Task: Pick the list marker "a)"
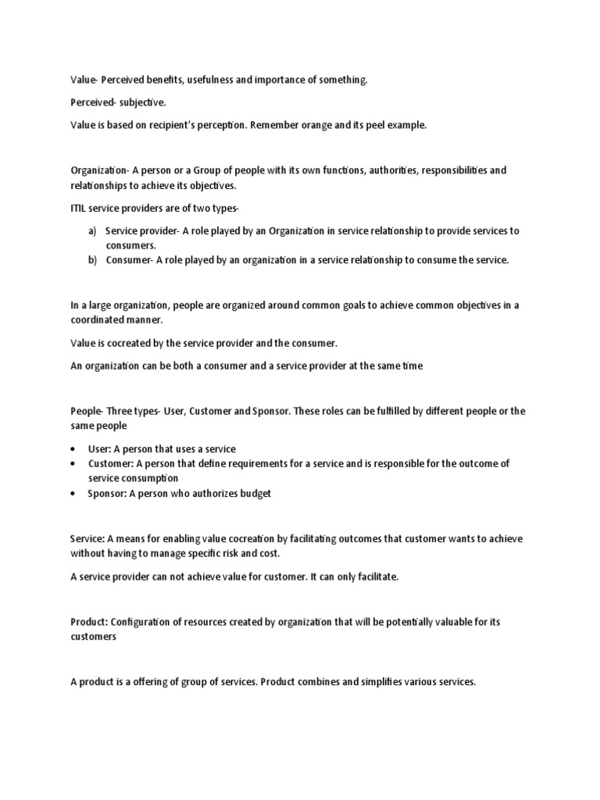tap(92, 231)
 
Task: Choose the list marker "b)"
tap(92, 260)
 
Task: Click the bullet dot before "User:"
tap(73, 449)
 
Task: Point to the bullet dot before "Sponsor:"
tap(73, 494)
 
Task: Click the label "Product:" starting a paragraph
tap(89, 622)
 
